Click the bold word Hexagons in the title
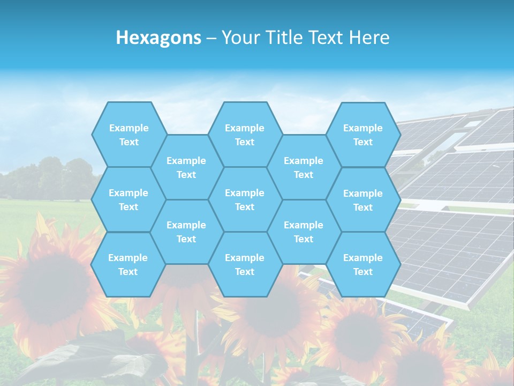[x=158, y=38]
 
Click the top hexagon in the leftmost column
[x=128, y=135]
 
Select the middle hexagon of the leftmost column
[x=128, y=199]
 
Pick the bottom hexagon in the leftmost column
[x=128, y=264]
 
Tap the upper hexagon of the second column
[x=186, y=167]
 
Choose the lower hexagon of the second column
[x=186, y=232]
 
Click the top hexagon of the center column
[x=245, y=135]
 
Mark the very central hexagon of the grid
[x=245, y=199]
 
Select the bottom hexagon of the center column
[x=245, y=264]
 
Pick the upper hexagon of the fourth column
[x=304, y=167]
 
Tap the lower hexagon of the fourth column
[x=304, y=232]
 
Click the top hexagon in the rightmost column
[x=363, y=135]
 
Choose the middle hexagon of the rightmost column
[x=363, y=200]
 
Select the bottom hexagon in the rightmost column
[x=363, y=264]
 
